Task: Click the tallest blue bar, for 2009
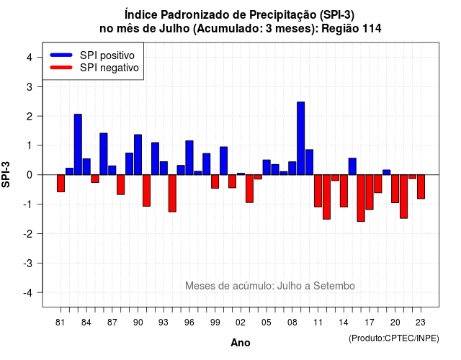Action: (x=301, y=138)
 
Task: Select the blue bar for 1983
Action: (x=78, y=145)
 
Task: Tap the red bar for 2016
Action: (x=361, y=198)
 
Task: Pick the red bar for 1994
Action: (x=172, y=194)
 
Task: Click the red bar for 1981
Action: (x=61, y=184)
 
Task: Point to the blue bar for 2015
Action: (x=352, y=166)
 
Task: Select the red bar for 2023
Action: (x=421, y=187)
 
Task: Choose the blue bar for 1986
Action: (x=104, y=154)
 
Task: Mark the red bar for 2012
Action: (x=326, y=197)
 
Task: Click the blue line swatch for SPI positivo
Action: (x=61, y=55)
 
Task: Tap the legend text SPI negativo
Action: (x=109, y=68)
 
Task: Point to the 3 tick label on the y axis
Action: (x=30, y=86)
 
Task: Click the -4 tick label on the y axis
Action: (x=28, y=293)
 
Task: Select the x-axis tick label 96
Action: (x=189, y=323)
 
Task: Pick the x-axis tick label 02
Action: (x=241, y=323)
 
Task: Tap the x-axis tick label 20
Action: (x=395, y=323)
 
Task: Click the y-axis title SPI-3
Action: (x=6, y=174)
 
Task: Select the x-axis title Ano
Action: (x=241, y=343)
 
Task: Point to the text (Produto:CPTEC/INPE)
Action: (x=394, y=338)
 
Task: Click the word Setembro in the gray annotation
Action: (x=334, y=286)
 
